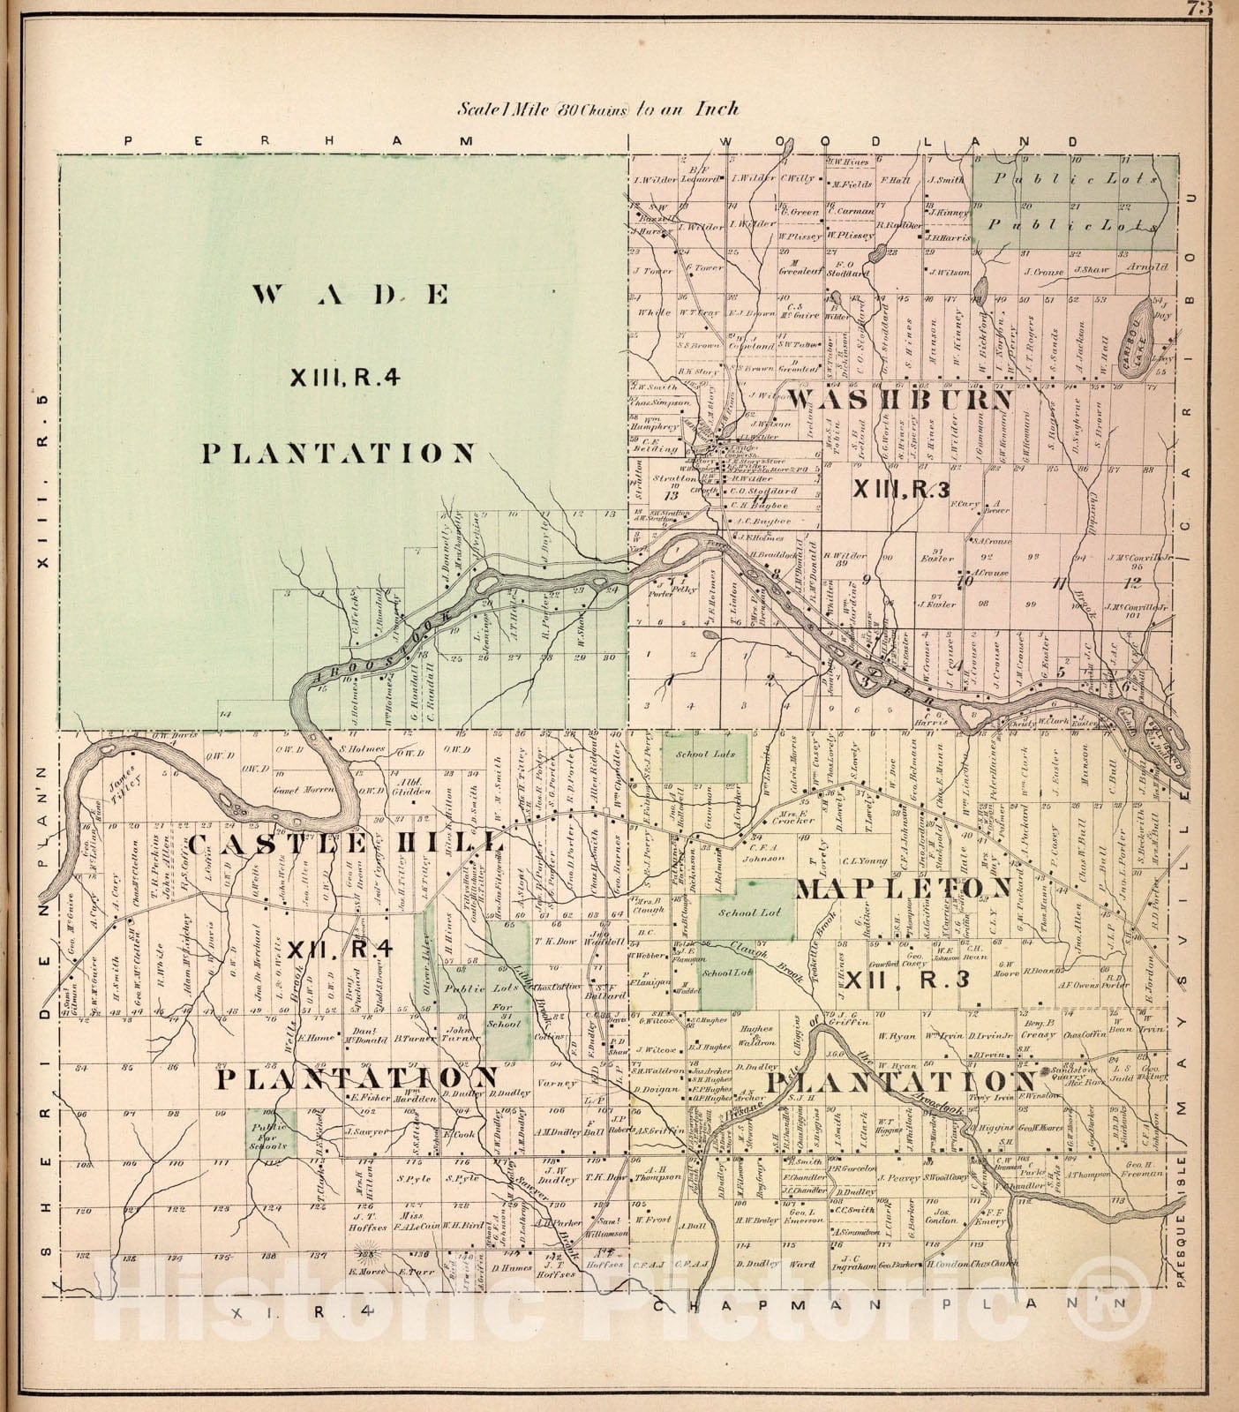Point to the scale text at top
(598, 109)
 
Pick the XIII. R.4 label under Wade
(345, 377)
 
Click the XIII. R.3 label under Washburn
(900, 487)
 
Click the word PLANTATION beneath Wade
(339, 454)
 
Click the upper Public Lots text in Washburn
(1074, 177)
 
